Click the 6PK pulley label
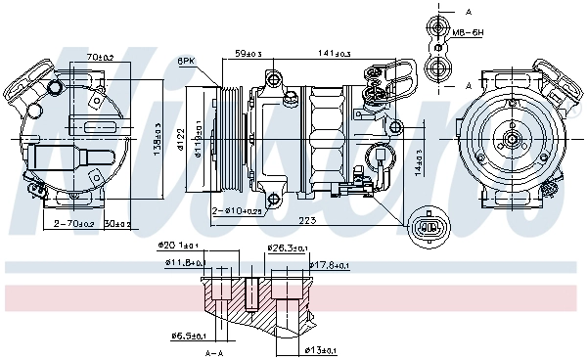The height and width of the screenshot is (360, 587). (185, 62)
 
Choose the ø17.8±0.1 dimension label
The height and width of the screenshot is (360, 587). (331, 264)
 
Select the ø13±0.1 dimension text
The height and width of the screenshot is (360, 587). (320, 348)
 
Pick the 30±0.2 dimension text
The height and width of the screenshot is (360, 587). (117, 224)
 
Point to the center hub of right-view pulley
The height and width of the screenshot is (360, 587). (512, 140)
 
